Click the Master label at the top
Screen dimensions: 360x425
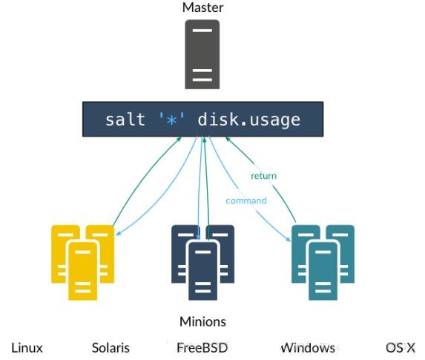202,7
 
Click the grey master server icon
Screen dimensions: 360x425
202,53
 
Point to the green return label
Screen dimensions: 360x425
263,176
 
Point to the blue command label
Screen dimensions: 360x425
246,200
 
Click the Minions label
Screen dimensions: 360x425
202,321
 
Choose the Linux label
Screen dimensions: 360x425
27,347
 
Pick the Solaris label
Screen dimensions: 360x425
111,347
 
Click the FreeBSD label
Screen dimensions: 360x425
202,347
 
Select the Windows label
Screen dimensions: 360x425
308,347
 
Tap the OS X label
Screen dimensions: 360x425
400,347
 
